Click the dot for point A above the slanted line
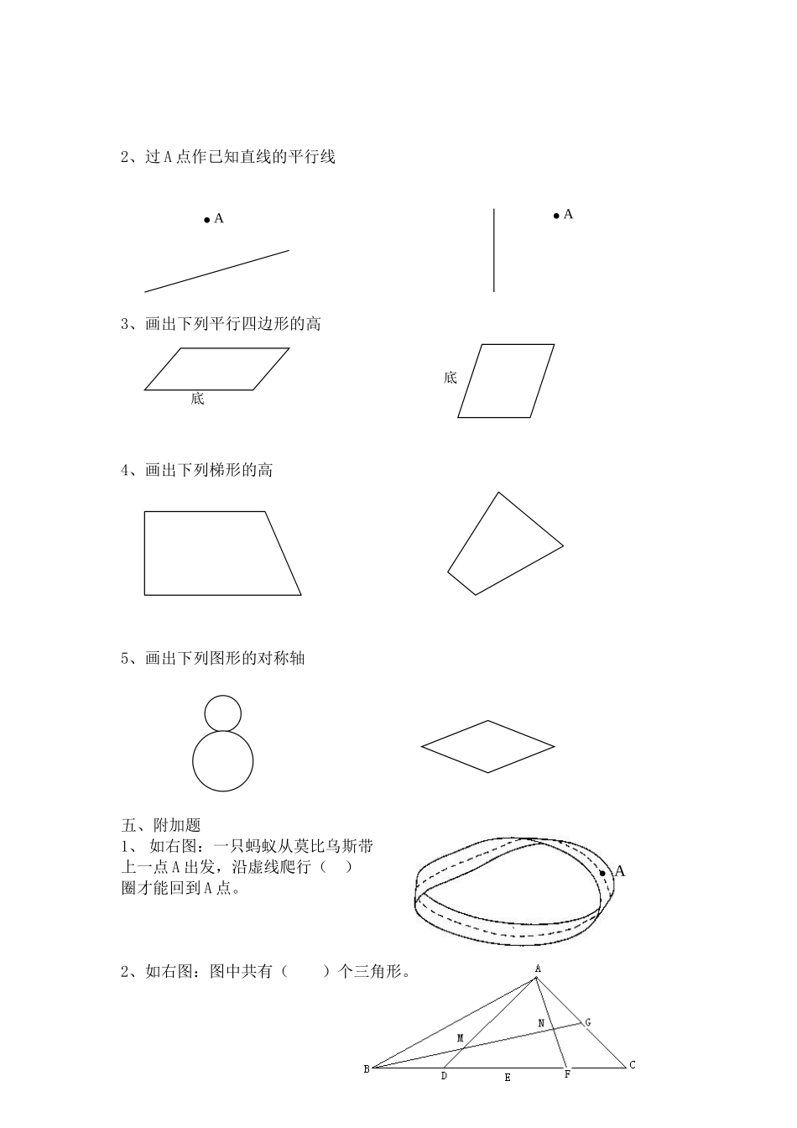pyautogui.click(x=206, y=220)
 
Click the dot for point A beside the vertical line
pyautogui.click(x=555, y=217)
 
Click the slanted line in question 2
pyautogui.click(x=216, y=271)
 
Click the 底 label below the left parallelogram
pyautogui.click(x=197, y=399)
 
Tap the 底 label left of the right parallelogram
pyautogui.click(x=451, y=378)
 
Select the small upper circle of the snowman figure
pyautogui.click(x=222, y=713)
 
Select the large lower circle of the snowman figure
pyautogui.click(x=222, y=761)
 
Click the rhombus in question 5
pyautogui.click(x=487, y=746)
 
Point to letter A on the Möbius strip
pyautogui.click(x=620, y=871)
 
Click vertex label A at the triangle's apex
pyautogui.click(x=538, y=969)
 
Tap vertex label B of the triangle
pyautogui.click(x=367, y=1069)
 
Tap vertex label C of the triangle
pyautogui.click(x=633, y=1065)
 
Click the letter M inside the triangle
pyautogui.click(x=460, y=1039)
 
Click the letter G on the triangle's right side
pyautogui.click(x=587, y=1023)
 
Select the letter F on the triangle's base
pyautogui.click(x=567, y=1074)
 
